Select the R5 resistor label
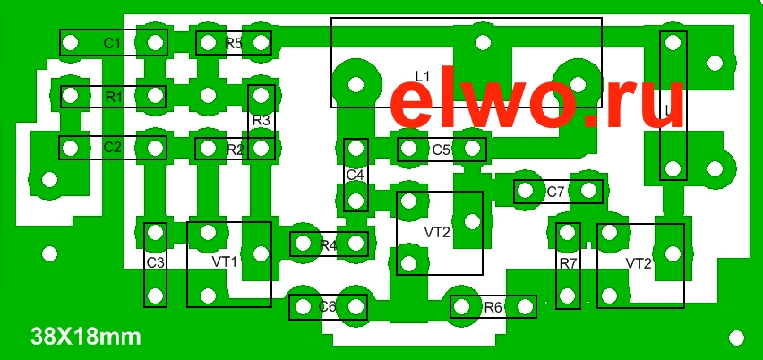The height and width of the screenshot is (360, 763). point(234,43)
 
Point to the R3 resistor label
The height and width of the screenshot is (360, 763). point(261,120)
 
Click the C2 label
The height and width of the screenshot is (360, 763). point(112,147)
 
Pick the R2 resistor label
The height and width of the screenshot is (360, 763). point(235,150)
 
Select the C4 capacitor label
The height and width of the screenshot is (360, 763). point(356,174)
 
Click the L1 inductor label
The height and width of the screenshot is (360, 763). point(423,74)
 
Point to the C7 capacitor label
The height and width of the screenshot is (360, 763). point(556,192)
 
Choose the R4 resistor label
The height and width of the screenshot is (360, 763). point(329,244)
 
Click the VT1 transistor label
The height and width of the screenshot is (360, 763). point(225,261)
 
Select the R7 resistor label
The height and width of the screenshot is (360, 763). point(568,263)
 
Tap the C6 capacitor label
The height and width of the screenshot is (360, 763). point(328,307)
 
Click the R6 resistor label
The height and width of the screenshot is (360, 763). point(493,307)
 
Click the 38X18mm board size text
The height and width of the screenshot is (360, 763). point(85,338)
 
